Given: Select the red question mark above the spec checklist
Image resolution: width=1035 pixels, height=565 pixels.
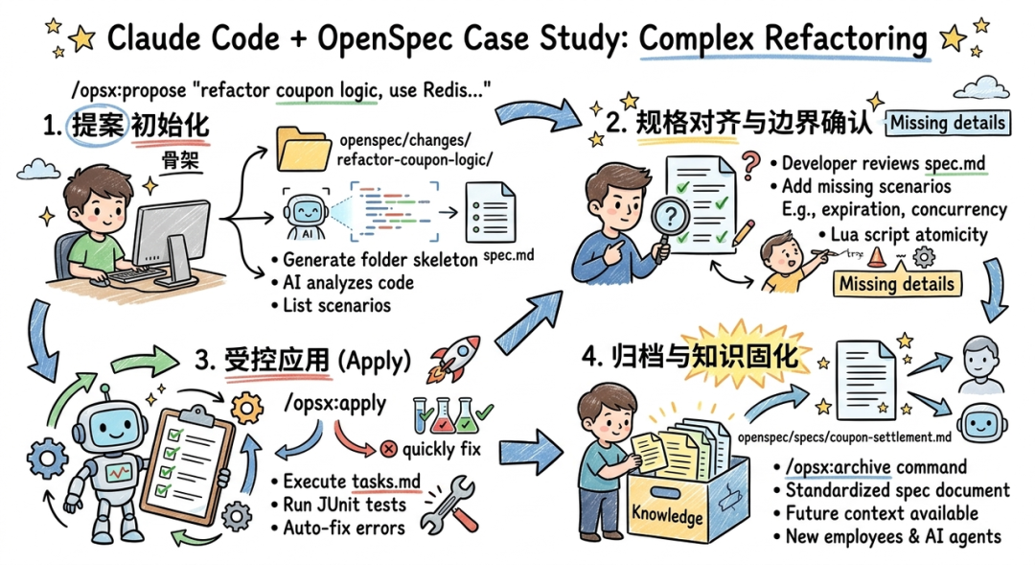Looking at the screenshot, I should click(x=749, y=161).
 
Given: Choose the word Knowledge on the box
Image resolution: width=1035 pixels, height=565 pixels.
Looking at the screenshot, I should click(x=667, y=515).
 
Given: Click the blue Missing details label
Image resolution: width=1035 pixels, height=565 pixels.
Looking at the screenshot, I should click(x=947, y=123).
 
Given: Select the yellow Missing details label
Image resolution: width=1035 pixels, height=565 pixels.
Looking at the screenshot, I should click(x=895, y=284).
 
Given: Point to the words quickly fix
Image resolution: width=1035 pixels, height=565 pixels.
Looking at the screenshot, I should click(x=441, y=448).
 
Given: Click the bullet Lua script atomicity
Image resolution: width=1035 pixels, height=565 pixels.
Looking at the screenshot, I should click(x=904, y=234).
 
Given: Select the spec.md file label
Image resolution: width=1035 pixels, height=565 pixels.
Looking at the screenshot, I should click(x=509, y=257).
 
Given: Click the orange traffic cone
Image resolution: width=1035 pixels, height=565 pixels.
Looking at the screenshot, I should click(x=876, y=256).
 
